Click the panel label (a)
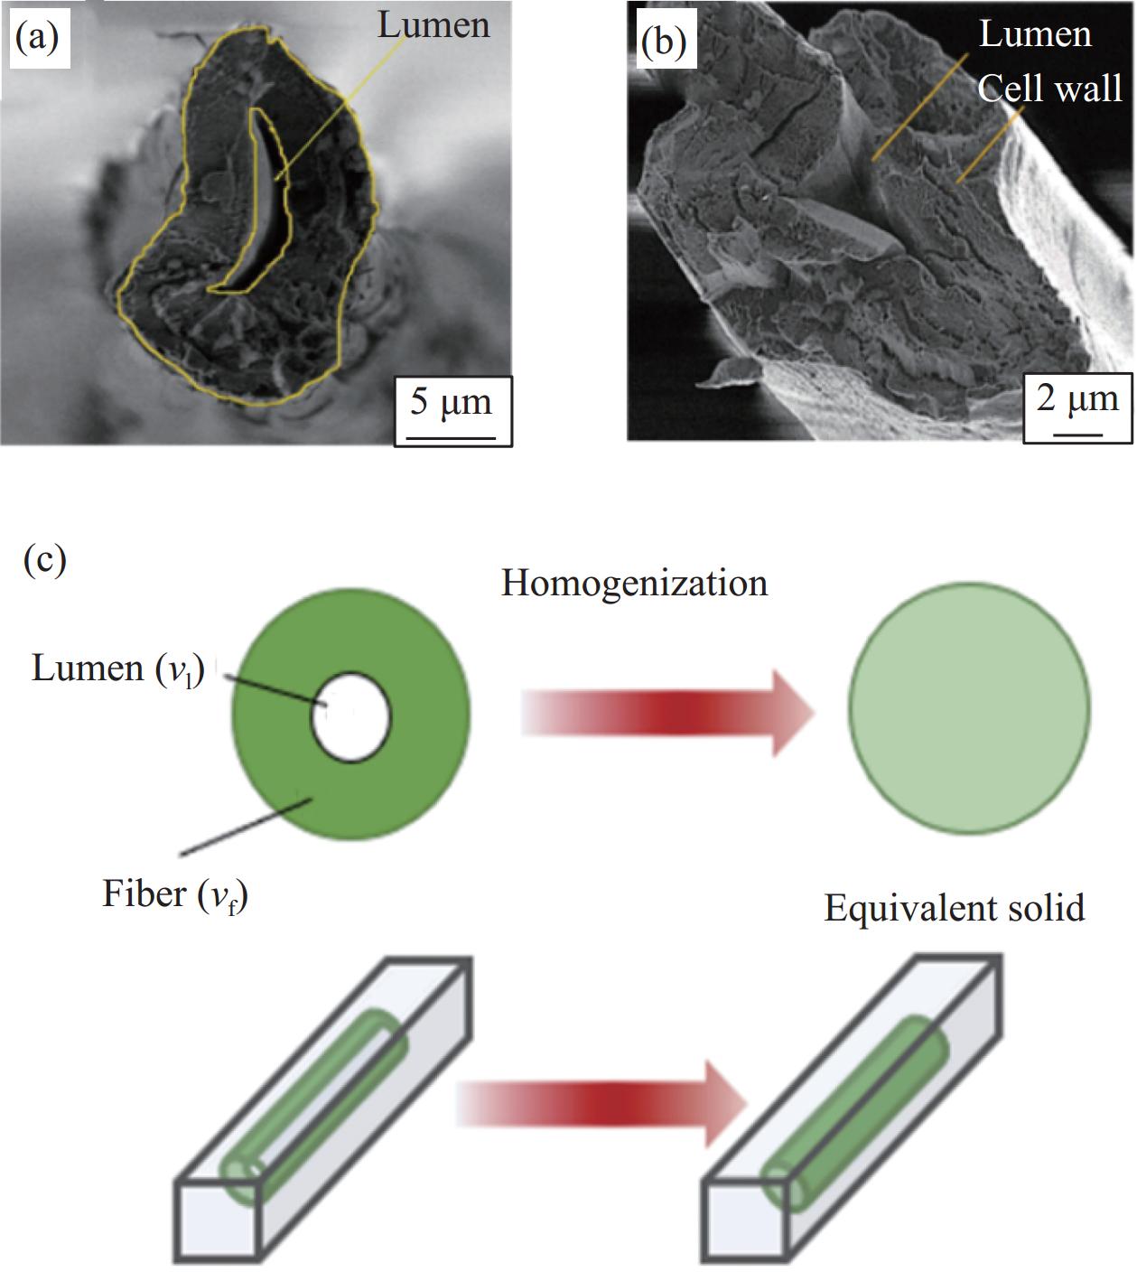37,37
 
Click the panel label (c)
44,559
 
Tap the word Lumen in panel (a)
433,25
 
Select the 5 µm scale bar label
452,402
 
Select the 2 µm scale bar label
1077,398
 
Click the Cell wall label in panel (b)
1049,89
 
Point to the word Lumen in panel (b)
1035,35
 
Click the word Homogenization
634,584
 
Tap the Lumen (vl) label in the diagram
118,669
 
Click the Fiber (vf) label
175,894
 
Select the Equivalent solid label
955,908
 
